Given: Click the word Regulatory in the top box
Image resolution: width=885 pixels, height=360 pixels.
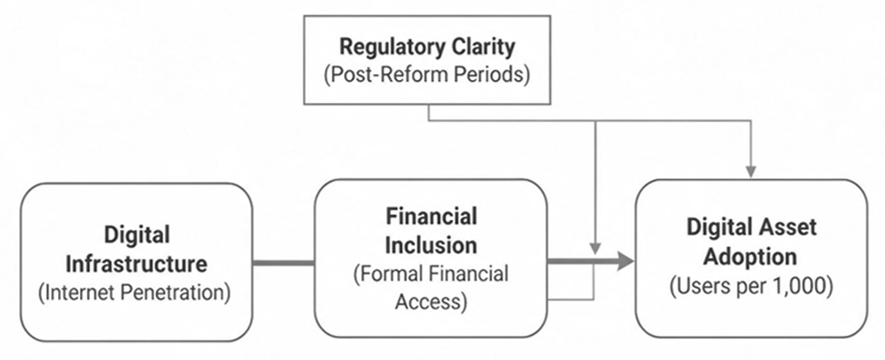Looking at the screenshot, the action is [x=392, y=47].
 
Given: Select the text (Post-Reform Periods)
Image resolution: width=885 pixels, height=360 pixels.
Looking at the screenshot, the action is [x=427, y=74].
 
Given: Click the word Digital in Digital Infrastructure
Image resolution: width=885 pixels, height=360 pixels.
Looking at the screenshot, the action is [x=137, y=236].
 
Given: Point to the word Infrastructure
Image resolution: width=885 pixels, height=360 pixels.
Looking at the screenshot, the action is [x=136, y=264].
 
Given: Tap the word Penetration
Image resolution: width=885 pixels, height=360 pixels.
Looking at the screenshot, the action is [x=175, y=293].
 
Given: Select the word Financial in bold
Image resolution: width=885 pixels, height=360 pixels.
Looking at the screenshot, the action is [x=432, y=216].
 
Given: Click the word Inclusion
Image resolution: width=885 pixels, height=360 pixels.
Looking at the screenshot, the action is [x=431, y=245].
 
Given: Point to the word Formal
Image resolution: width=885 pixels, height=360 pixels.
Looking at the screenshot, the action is [x=389, y=274].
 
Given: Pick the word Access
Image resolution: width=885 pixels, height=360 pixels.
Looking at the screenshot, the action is [x=431, y=303].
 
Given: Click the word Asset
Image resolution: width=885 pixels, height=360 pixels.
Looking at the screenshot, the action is [x=787, y=227].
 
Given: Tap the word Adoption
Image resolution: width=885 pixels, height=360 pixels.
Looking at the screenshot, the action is [x=751, y=257].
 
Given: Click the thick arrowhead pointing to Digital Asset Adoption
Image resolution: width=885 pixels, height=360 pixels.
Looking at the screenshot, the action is [x=626, y=261].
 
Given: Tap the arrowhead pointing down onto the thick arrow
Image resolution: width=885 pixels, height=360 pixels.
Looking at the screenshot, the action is [x=595, y=249].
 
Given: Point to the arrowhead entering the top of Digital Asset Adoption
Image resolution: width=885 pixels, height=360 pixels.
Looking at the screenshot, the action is [x=751, y=172].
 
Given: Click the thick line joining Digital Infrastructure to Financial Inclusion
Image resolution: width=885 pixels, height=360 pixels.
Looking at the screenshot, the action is [x=284, y=263].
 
